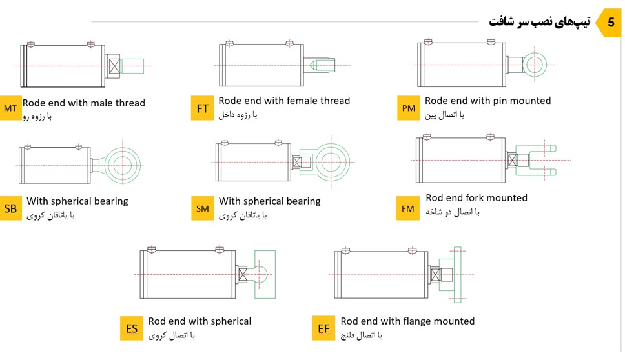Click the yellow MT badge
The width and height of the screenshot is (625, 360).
click(x=10, y=108)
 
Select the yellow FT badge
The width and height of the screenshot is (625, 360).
click(x=203, y=108)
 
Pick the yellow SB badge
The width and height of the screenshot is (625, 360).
click(x=10, y=208)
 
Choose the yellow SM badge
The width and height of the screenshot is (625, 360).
click(x=203, y=208)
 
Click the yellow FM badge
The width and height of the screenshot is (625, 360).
click(x=408, y=208)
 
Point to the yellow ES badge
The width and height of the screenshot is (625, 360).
click(x=132, y=328)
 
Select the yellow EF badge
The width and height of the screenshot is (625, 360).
click(x=324, y=328)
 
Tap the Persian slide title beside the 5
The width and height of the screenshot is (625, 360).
click(x=540, y=21)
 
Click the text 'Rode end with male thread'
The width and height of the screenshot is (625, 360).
click(x=84, y=103)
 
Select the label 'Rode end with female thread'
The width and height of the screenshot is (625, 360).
click(x=284, y=101)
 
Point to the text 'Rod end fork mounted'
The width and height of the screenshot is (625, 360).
click(x=476, y=198)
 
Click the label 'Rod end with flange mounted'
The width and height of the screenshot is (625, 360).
click(x=407, y=321)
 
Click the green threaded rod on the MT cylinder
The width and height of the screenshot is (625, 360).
click(x=132, y=66)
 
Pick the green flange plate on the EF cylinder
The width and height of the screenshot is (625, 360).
click(x=458, y=274)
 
